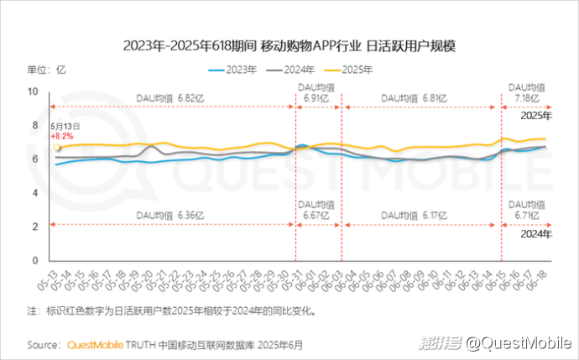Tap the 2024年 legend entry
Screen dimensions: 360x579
292,70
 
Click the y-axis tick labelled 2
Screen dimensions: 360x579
34,227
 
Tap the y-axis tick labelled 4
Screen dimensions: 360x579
34,193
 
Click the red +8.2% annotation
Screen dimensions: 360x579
62,135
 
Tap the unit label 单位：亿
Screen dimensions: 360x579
46,70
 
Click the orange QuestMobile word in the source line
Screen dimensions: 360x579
94,344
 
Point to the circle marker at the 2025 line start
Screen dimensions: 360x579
57,148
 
